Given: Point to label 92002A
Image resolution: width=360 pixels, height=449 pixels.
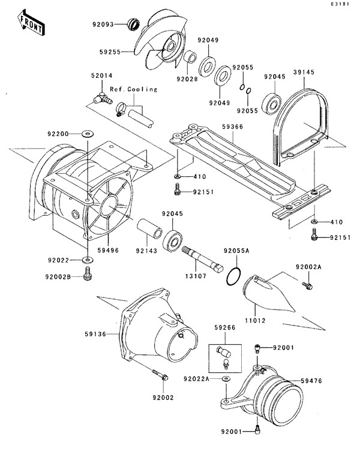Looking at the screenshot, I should (x=308, y=266).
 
